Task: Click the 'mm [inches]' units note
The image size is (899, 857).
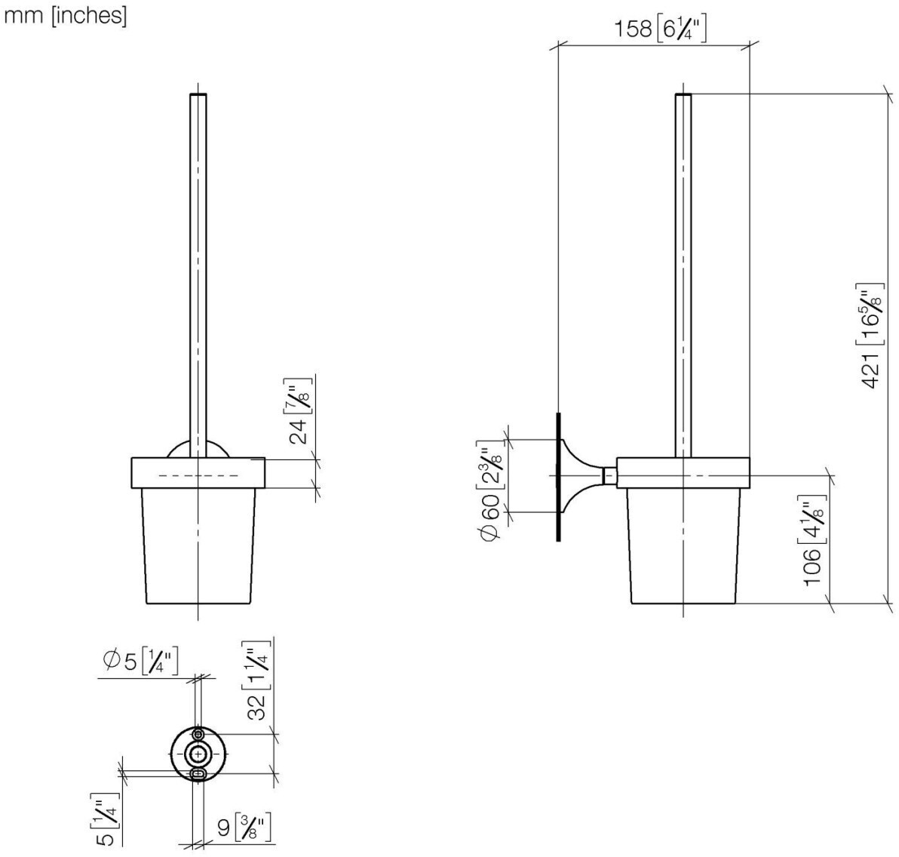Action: click(x=65, y=16)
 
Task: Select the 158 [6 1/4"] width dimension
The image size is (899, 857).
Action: click(x=660, y=28)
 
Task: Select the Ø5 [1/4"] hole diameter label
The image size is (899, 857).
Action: click(x=141, y=662)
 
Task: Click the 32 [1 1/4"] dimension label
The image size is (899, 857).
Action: click(x=258, y=683)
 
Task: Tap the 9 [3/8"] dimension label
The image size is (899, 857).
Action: click(x=244, y=828)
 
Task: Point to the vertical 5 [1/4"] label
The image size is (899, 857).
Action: click(x=106, y=819)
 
